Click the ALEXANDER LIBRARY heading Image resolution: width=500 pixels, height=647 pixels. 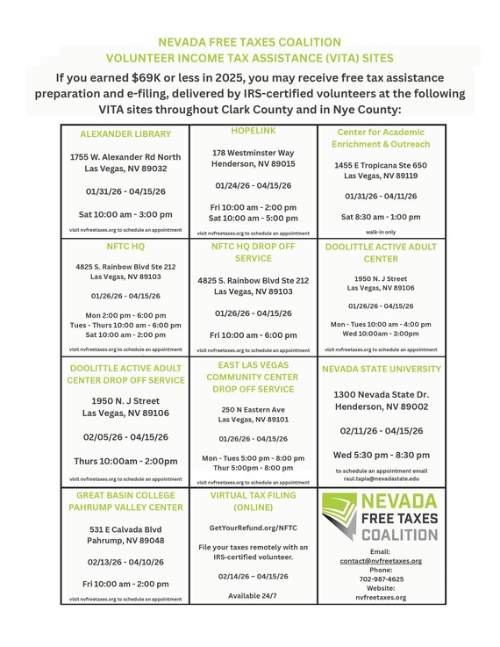pyautogui.click(x=125, y=134)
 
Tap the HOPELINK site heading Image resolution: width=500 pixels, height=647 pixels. pyautogui.click(x=254, y=131)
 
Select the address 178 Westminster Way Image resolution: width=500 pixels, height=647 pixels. pyautogui.click(x=254, y=152)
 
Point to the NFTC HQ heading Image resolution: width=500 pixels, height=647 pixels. pyautogui.click(x=125, y=248)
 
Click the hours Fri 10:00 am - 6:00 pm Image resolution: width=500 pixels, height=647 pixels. pyautogui.click(x=254, y=334)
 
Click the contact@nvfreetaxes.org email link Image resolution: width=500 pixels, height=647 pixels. pyautogui.click(x=382, y=560)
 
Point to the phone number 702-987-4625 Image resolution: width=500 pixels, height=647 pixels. pyautogui.click(x=382, y=579)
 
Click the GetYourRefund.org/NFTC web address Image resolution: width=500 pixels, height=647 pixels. pyautogui.click(x=254, y=528)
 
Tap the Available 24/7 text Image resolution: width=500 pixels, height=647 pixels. pyautogui.click(x=254, y=595)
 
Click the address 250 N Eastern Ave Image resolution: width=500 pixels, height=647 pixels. pyautogui.click(x=254, y=409)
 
